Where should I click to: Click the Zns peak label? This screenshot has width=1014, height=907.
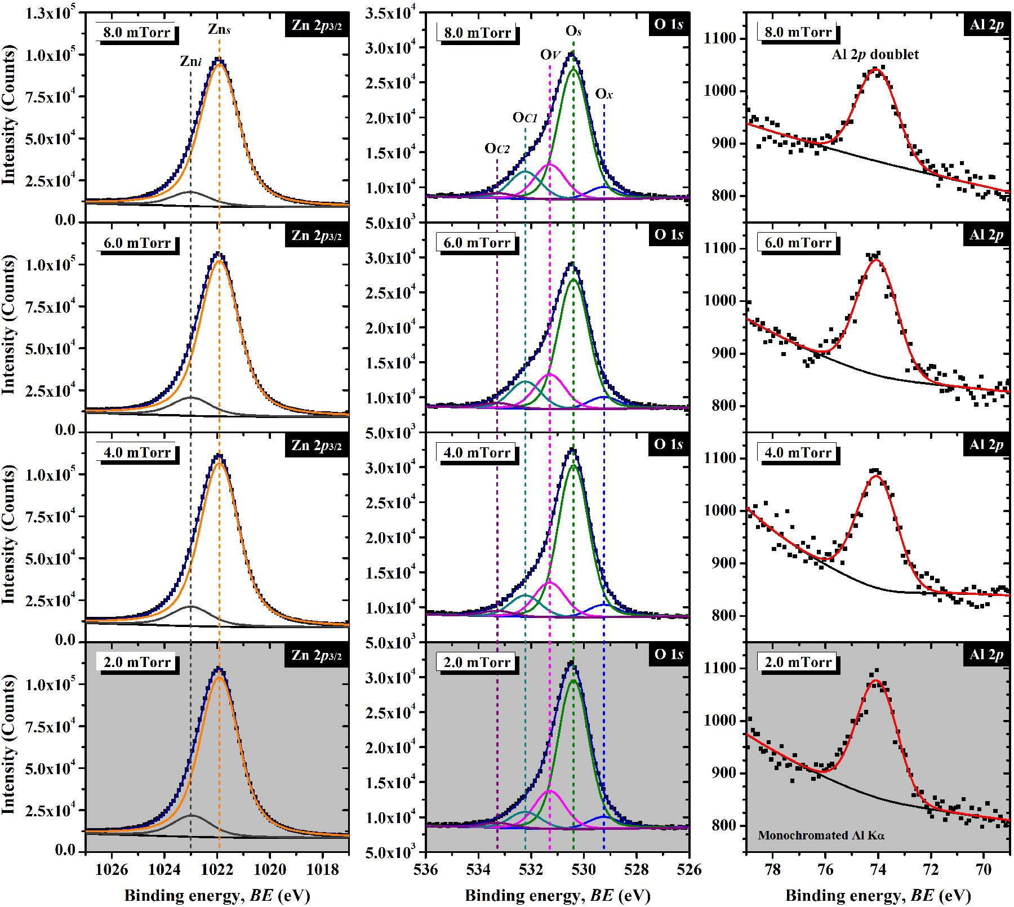(219, 29)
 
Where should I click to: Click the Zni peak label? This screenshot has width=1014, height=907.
(190, 61)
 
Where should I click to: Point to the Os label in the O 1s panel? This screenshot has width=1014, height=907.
(573, 30)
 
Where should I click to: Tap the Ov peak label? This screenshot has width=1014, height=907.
(550, 55)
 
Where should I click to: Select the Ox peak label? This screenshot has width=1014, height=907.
(604, 94)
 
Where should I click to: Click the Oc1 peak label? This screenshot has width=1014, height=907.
(524, 117)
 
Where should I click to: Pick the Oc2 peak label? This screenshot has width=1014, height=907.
(497, 148)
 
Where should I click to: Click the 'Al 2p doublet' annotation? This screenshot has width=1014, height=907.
(875, 54)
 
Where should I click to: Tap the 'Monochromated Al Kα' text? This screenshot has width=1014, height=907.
(821, 835)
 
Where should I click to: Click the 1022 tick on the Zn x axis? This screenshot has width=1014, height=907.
(217, 869)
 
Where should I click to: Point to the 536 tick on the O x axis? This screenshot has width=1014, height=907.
(425, 869)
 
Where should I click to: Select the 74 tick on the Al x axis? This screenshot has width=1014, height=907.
(878, 869)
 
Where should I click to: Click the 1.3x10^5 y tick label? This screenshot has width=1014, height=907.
(50, 13)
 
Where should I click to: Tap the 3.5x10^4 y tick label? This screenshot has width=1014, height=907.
(390, 13)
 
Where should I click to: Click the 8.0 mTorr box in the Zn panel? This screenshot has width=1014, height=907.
(136, 32)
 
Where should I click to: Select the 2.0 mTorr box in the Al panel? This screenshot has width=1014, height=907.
(798, 662)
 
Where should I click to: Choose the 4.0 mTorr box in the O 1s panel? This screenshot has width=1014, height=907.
(477, 452)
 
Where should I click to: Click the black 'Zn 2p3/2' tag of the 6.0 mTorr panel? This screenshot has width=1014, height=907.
(316, 235)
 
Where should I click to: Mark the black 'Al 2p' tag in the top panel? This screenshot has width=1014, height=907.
(986, 25)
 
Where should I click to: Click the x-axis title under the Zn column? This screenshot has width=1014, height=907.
(217, 895)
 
